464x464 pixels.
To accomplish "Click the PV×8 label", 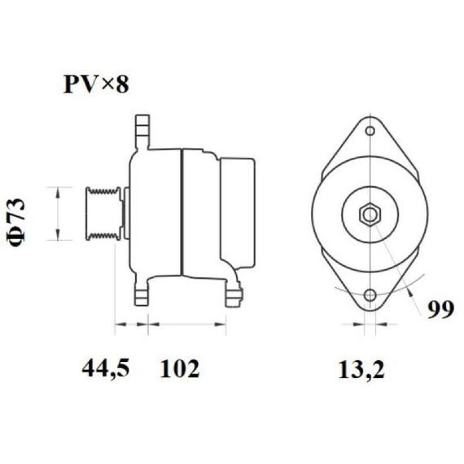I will (95, 84).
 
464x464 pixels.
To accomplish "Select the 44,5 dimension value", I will (106, 368).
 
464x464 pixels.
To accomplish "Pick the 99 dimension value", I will (441, 311).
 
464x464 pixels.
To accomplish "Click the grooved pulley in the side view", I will (103, 213).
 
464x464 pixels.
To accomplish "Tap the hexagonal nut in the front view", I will (369, 215).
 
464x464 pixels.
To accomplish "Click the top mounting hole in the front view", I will (370, 131).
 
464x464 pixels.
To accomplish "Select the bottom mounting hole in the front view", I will (370, 295).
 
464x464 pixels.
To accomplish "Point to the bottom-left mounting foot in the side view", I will (140, 293).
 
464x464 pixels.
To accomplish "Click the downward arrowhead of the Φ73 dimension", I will (57, 235).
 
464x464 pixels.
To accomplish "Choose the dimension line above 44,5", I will (131, 324).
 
